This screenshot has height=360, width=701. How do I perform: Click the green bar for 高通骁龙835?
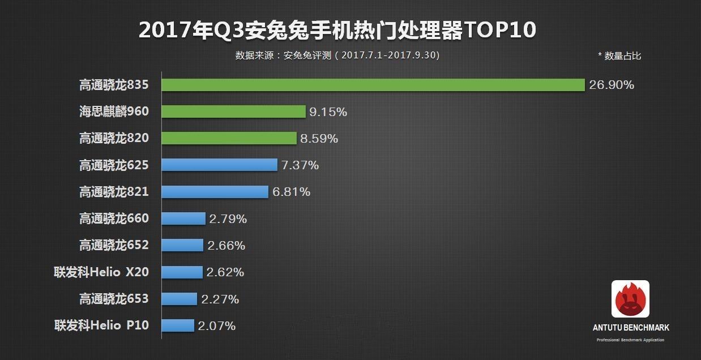tap(373, 85)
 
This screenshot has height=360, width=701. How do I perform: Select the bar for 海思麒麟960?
tap(233, 112)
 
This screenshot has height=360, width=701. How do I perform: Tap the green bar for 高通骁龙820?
tap(229, 138)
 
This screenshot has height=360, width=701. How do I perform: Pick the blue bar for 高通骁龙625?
tap(219, 165)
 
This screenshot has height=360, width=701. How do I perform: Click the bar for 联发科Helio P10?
tap(178, 325)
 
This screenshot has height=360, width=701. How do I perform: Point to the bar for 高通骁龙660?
tap(183, 218)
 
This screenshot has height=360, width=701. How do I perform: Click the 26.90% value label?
tap(612, 85)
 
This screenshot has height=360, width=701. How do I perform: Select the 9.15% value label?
tap(328, 112)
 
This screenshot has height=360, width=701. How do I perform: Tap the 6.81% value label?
tap(291, 192)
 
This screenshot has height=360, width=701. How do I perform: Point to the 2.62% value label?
tap(225, 272)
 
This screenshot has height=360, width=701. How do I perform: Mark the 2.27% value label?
tap(220, 299)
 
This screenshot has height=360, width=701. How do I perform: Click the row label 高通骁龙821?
tap(114, 192)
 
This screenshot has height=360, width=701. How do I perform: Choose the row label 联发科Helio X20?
tap(101, 272)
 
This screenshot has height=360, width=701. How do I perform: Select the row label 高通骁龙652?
tap(114, 245)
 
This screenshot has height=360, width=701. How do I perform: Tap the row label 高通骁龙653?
tap(114, 298)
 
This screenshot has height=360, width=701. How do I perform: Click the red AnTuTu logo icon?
tap(630, 299)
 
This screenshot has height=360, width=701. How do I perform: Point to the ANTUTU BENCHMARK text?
tap(631, 328)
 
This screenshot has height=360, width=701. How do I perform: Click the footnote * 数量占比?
tap(619, 55)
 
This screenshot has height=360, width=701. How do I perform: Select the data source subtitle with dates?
tap(337, 55)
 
